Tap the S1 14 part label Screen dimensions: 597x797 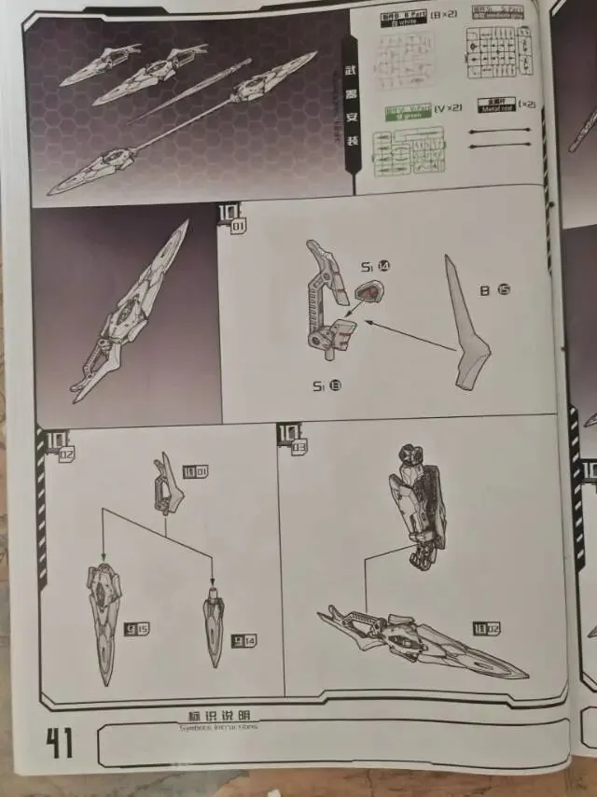(376, 267)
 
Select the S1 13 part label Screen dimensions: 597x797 (326, 385)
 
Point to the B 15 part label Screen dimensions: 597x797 (494, 290)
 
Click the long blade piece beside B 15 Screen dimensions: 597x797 (467, 321)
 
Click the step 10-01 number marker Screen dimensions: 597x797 (230, 217)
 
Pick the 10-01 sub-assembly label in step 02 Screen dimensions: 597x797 (195, 471)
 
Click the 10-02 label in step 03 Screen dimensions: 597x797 (487, 628)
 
